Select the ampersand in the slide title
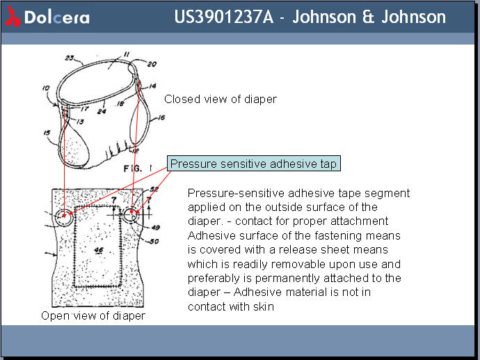tap(369, 17)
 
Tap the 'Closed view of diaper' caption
tap(220, 99)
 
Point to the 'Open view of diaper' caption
tap(93, 315)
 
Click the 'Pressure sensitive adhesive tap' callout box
tap(254, 164)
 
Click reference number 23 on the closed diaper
tap(70, 58)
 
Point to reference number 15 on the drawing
tap(46, 132)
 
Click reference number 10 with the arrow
tap(45, 89)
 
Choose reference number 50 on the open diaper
tap(153, 241)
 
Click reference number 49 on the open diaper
tap(154, 227)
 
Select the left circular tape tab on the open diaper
tap(65, 216)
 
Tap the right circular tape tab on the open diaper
tap(131, 216)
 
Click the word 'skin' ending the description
tap(262, 306)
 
